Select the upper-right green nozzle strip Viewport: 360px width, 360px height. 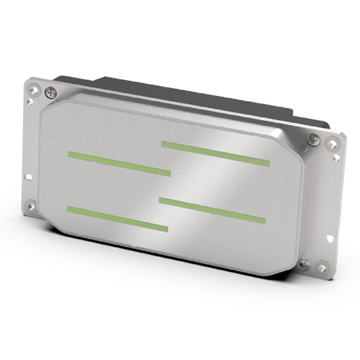pyautogui.click(x=215, y=152)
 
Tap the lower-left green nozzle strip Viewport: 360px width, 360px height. pyautogui.click(x=117, y=219)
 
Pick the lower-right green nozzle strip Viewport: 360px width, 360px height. pyautogui.click(x=212, y=210)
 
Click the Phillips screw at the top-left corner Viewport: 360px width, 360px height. pyautogui.click(x=52, y=93)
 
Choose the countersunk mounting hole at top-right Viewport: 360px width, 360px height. pyautogui.click(x=332, y=143)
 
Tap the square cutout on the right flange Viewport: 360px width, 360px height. pyautogui.click(x=330, y=238)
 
